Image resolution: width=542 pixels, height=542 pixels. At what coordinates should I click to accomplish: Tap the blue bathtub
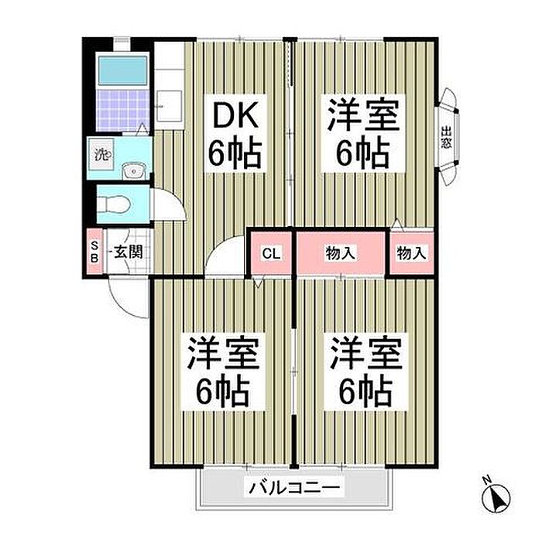(x=122, y=70)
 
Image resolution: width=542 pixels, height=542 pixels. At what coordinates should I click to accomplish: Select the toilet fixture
(x=113, y=204)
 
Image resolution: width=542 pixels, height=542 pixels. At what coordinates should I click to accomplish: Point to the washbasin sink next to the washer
(x=134, y=170)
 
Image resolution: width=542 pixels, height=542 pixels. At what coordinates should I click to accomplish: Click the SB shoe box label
(x=94, y=252)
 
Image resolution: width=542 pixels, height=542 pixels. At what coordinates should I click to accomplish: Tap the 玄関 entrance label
(x=129, y=252)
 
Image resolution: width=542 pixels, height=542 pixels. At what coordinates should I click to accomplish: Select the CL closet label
(x=271, y=253)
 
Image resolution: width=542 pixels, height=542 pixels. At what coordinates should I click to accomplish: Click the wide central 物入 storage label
(x=340, y=253)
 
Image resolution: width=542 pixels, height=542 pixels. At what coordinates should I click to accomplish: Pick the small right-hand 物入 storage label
(x=411, y=253)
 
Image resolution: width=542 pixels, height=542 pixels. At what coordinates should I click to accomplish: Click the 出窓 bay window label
(x=446, y=137)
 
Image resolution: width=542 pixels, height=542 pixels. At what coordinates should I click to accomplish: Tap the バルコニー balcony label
(x=294, y=488)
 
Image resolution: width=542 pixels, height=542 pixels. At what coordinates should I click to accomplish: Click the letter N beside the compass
(x=487, y=480)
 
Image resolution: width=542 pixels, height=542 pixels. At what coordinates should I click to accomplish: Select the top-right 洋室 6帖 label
(x=363, y=133)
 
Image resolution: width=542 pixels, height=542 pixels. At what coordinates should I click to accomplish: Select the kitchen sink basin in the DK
(x=170, y=106)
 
